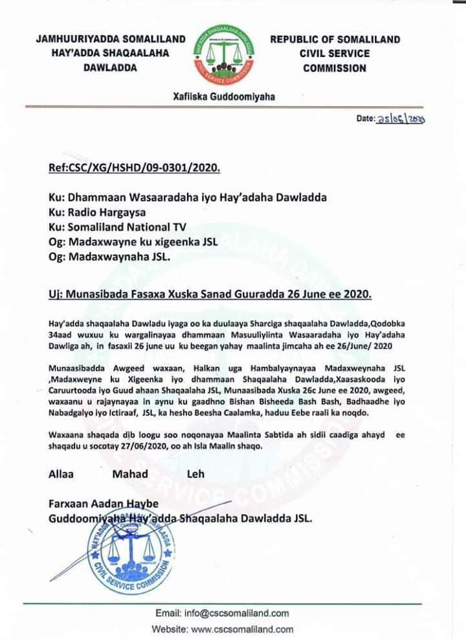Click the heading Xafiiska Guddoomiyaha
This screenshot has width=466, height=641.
pos(225,97)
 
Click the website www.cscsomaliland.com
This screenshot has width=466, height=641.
pos(243,629)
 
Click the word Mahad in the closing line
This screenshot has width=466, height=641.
pos(130,474)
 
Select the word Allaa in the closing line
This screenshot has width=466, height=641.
pos(62,474)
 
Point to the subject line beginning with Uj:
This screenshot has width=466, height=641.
pos(211,294)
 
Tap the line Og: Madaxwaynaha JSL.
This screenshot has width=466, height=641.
pos(109,257)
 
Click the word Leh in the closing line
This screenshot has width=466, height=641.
pos(195,474)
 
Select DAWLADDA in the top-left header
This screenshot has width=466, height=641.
pos(110,68)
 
